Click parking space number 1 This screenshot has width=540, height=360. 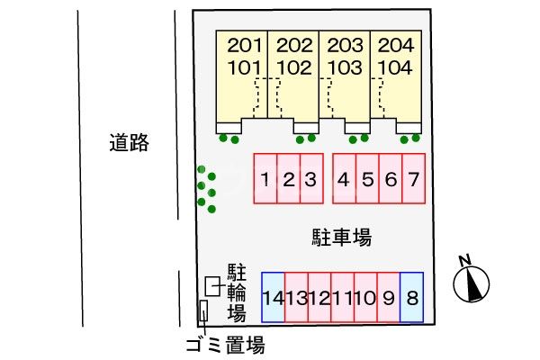point(265,179)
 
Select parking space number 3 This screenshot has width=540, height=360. point(310,179)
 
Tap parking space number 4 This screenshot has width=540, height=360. point(344,179)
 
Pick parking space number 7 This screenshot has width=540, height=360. point(413,179)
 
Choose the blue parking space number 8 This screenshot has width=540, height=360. point(412,297)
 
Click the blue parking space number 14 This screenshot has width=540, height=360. point(273,297)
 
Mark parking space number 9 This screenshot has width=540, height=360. point(389,297)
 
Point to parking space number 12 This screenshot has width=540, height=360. point(319,297)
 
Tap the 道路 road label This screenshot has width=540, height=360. point(130,141)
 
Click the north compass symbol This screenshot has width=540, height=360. point(472,285)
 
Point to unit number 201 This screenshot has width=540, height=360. point(242,44)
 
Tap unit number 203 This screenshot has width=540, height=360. point(344,44)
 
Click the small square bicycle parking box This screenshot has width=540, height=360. point(212,286)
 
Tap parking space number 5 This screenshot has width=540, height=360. point(367,179)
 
